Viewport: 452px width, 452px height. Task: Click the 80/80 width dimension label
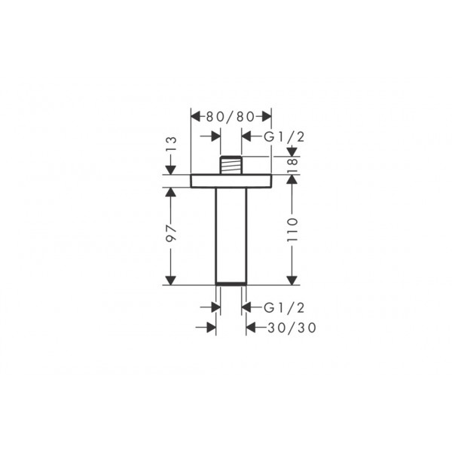tap(231, 117)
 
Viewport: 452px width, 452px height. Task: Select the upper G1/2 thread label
tap(284, 137)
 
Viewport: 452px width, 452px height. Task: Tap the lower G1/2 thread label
tap(284, 308)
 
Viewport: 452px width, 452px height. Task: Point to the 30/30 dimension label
tap(292, 328)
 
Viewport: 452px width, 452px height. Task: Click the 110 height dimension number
tap(292, 230)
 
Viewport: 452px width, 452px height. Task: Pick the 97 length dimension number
tap(171, 233)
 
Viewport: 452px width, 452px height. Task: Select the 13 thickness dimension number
tap(171, 144)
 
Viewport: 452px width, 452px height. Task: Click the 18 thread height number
tap(292, 165)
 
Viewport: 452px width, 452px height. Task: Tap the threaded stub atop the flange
tap(231, 165)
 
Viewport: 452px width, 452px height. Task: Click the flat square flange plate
tap(231, 181)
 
